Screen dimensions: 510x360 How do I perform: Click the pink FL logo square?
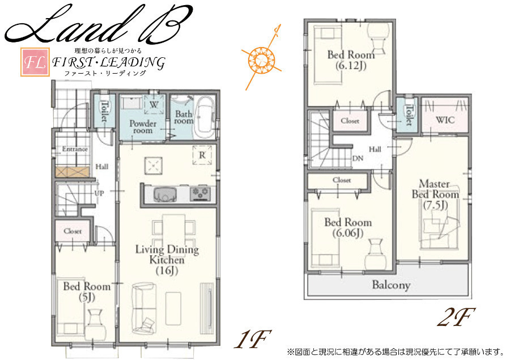(x=35, y=62)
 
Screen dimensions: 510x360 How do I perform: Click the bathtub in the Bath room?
(x=205, y=115)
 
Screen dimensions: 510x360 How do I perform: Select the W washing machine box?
(x=154, y=104)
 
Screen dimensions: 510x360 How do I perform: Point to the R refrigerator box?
(x=202, y=155)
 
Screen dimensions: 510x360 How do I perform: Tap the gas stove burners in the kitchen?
(x=200, y=194)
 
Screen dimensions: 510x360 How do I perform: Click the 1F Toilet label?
(x=104, y=111)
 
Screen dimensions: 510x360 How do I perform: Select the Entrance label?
(x=75, y=149)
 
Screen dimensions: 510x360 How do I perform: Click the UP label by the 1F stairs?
(x=99, y=193)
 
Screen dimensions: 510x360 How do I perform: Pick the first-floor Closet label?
(x=73, y=231)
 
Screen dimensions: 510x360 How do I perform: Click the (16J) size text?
(x=167, y=270)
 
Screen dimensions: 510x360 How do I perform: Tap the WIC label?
(x=445, y=120)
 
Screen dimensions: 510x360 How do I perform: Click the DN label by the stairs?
(x=358, y=159)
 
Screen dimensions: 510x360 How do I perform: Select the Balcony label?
(x=391, y=285)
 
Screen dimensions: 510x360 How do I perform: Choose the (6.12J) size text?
(x=351, y=65)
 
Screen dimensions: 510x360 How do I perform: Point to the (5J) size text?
(x=87, y=297)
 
